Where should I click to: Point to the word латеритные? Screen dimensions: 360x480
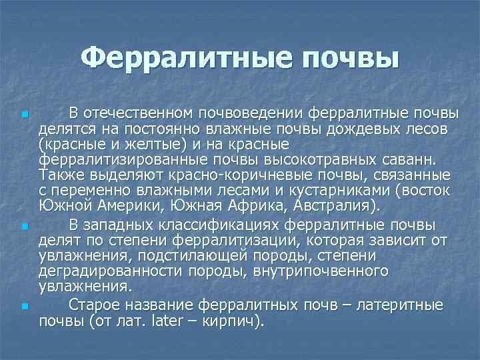[400, 305]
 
